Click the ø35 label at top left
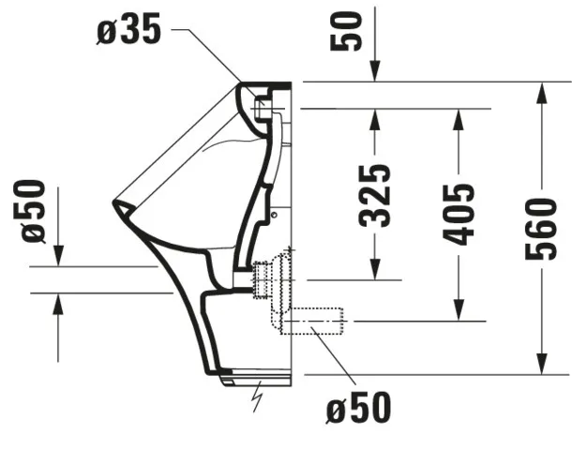[129, 30]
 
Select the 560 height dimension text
[541, 228]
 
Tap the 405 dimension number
[459, 214]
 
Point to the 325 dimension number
[375, 195]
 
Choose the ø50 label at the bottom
[358, 408]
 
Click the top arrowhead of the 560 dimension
[541, 91]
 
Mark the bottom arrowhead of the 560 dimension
[541, 365]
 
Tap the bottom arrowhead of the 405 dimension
[459, 312]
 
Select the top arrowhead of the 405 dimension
[459, 118]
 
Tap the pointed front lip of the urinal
[116, 203]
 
